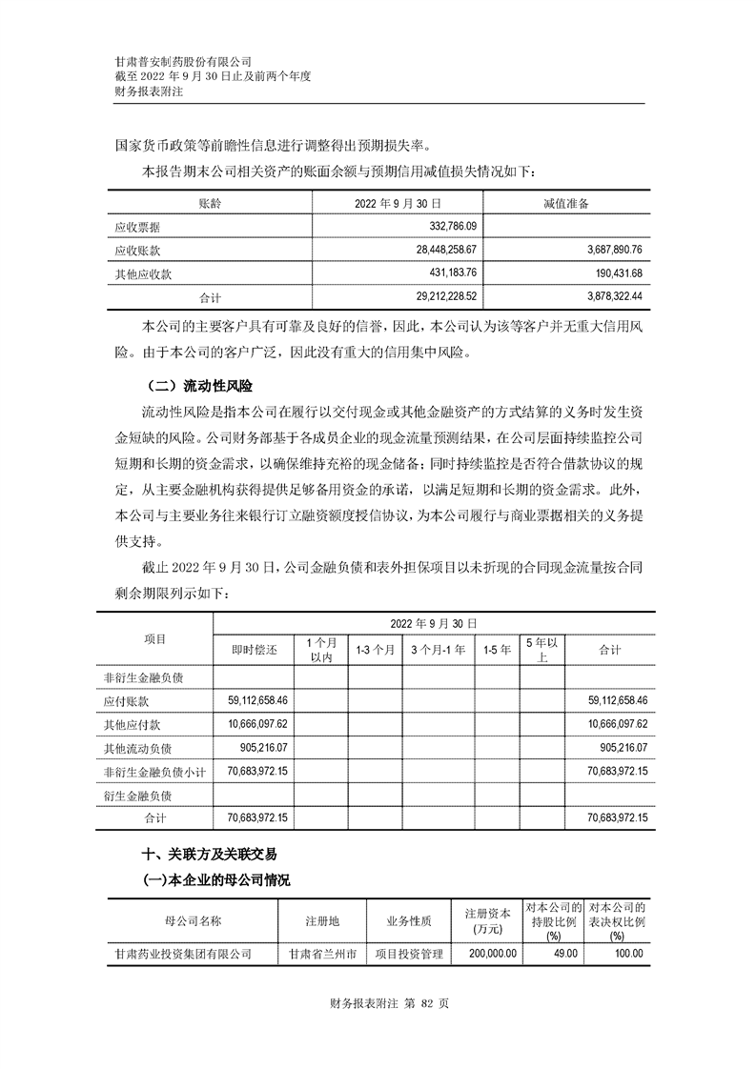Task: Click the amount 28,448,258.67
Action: click(x=439, y=251)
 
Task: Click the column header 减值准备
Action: click(x=565, y=204)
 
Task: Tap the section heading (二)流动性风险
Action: click(x=196, y=386)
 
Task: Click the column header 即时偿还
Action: click(x=255, y=649)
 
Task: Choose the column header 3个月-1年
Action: click(x=438, y=649)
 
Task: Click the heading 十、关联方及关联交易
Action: click(x=209, y=855)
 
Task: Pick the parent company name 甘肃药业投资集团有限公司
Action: click(x=183, y=953)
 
